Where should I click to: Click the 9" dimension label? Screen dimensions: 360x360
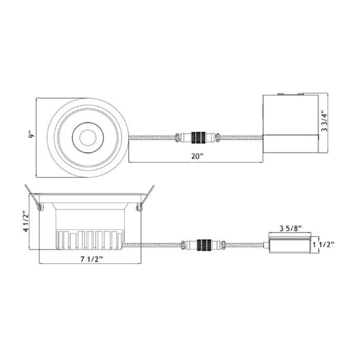pos(31,134)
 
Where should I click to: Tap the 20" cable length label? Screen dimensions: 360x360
pos(198,156)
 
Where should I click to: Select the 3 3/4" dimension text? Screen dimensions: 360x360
pos(324,121)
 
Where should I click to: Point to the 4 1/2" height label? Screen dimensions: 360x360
pos(27,221)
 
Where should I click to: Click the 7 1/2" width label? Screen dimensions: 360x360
pos(91,259)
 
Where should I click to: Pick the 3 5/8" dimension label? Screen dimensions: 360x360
pos(290,229)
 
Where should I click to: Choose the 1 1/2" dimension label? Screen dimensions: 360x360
pos(323,245)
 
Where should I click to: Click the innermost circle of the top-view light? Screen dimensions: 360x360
pos(88,138)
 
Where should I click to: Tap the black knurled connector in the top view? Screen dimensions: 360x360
pos(198,137)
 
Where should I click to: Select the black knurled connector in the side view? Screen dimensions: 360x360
pos(204,245)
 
